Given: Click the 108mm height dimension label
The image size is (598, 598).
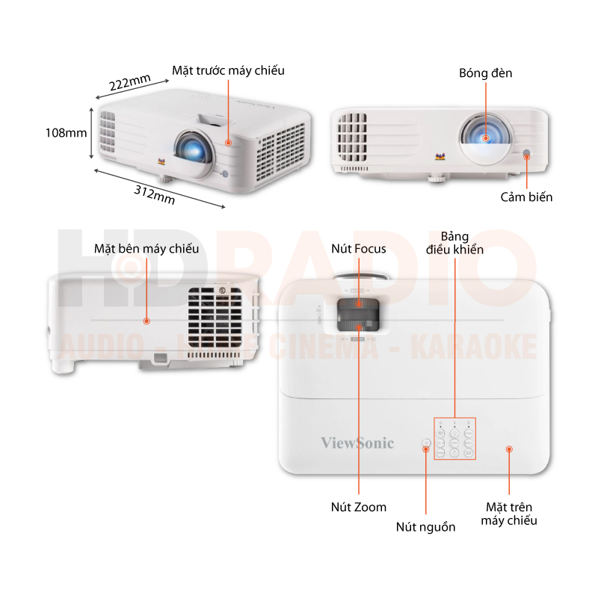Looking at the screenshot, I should [x=66, y=132].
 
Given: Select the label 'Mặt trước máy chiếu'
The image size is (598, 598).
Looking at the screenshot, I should [x=228, y=70].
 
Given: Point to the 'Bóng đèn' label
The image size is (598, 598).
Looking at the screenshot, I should [x=486, y=73].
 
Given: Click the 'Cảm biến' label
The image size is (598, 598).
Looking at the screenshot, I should [x=526, y=197].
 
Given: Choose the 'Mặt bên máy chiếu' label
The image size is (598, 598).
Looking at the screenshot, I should [x=147, y=248].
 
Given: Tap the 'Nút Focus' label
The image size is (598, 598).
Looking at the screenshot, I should [x=359, y=248].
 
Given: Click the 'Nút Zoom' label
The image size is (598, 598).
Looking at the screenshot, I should [x=359, y=507].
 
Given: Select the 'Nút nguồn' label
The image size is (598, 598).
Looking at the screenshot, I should [x=425, y=526].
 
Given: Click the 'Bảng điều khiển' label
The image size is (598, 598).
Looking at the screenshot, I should [x=454, y=242].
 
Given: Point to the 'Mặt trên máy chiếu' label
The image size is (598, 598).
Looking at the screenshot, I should [x=509, y=514].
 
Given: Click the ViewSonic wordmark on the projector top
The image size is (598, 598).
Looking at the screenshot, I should [x=357, y=443].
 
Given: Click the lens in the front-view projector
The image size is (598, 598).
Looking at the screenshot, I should [x=484, y=137].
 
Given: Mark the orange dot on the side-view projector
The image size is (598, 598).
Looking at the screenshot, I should [x=147, y=321].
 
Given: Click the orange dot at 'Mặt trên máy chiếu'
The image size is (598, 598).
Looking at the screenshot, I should [x=509, y=449].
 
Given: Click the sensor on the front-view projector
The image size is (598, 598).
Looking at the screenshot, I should [x=527, y=155].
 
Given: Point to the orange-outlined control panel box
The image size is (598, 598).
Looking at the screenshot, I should [x=454, y=439].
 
